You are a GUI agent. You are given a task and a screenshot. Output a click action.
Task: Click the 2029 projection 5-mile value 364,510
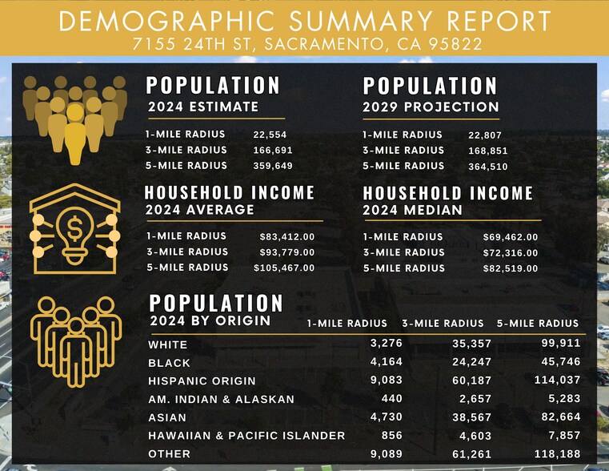tap(487, 167)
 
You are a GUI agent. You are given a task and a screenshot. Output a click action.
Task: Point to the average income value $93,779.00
tap(287, 252)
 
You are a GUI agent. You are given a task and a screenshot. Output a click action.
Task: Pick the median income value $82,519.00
tap(511, 268)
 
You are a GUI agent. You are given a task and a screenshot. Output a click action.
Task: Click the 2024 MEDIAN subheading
tap(412, 210)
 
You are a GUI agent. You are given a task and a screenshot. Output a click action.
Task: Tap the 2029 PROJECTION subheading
tap(431, 107)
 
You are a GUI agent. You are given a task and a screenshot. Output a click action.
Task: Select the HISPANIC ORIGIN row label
tap(202, 380)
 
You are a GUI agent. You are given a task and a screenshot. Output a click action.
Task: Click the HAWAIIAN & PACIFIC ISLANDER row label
tap(246, 436)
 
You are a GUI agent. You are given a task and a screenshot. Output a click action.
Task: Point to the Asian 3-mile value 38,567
tap(469, 417)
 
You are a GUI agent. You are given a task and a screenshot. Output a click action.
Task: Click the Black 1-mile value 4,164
tap(387, 362)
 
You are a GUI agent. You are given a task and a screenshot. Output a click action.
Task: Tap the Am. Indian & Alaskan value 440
tap(391, 399)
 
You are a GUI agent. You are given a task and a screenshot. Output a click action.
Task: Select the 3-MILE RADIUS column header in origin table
tap(443, 324)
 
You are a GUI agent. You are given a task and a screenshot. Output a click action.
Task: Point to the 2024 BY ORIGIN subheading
tap(210, 321)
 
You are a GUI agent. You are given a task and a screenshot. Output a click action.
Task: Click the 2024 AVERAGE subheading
tap(199, 210)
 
